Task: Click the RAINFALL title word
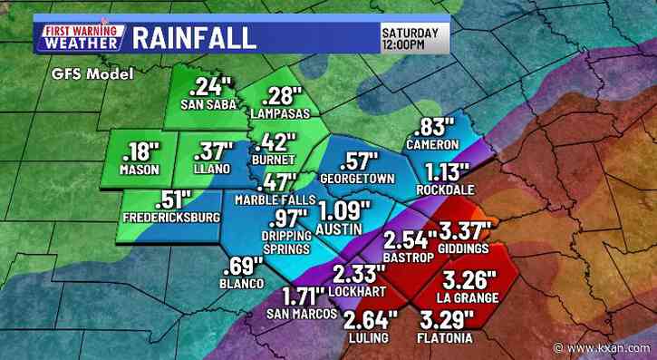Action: (194, 37)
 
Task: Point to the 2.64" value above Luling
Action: (371, 320)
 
